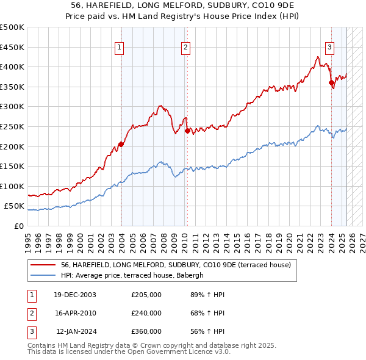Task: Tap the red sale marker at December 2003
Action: coord(121,145)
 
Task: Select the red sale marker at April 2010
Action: coord(187,130)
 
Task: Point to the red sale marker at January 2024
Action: coord(331,83)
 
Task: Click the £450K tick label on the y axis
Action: coord(12,47)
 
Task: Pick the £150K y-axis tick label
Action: coord(12,166)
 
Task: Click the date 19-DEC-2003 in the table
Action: coord(75,295)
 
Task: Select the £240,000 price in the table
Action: coord(146,313)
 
